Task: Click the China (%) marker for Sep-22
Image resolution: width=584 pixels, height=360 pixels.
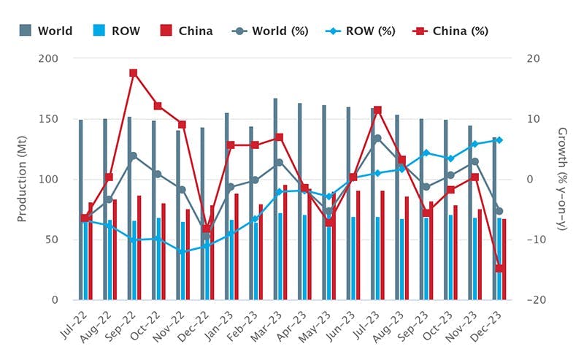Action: pyautogui.click(x=134, y=73)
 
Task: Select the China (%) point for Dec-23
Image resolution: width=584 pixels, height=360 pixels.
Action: pyautogui.click(x=499, y=269)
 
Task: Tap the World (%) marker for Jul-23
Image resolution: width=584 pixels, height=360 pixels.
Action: pyautogui.click(x=377, y=139)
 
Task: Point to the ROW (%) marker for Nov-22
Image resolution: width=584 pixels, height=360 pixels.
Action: pyautogui.click(x=182, y=251)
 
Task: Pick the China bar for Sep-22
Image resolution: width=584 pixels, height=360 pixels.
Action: pyautogui.click(x=139, y=248)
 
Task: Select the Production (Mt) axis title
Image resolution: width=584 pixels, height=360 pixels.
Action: pyautogui.click(x=23, y=179)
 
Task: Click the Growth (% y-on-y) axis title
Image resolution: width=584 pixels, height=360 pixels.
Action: pyautogui.click(x=562, y=179)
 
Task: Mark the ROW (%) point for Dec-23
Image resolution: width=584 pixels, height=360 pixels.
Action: pyautogui.click(x=499, y=140)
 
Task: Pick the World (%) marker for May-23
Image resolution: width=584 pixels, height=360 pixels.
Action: pyautogui.click(x=328, y=212)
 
